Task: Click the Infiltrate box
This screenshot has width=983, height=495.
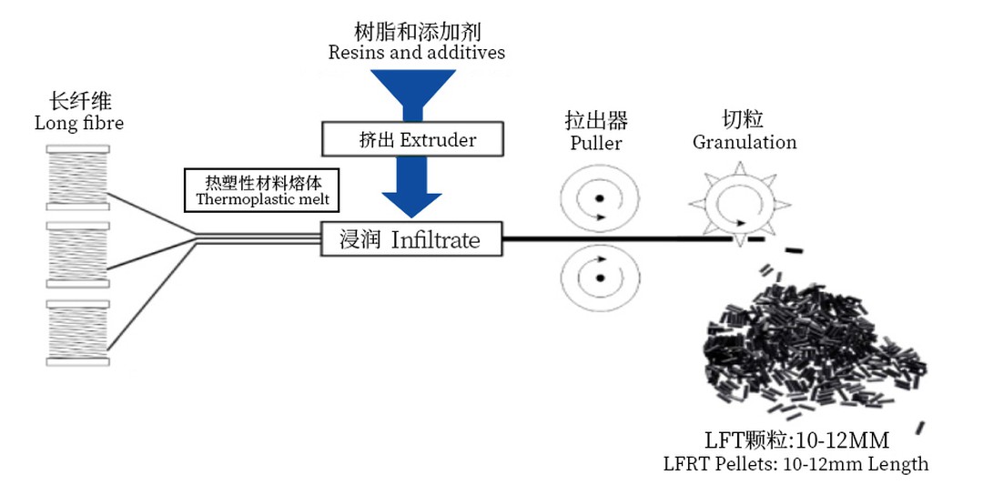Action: pos(411,239)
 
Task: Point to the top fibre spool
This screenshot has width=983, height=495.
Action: pos(77,177)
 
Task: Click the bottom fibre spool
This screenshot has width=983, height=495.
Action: pos(77,331)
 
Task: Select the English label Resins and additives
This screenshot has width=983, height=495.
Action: pos(417,52)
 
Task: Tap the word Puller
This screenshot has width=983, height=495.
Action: pos(596,143)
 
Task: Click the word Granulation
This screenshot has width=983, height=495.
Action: pos(745,142)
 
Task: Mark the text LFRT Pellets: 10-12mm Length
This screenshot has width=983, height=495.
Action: pos(796,464)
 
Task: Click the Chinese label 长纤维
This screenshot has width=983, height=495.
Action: pos(76,101)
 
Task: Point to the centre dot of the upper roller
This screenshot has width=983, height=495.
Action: pos(600,197)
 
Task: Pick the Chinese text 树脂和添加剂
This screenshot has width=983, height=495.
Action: pos(416,29)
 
